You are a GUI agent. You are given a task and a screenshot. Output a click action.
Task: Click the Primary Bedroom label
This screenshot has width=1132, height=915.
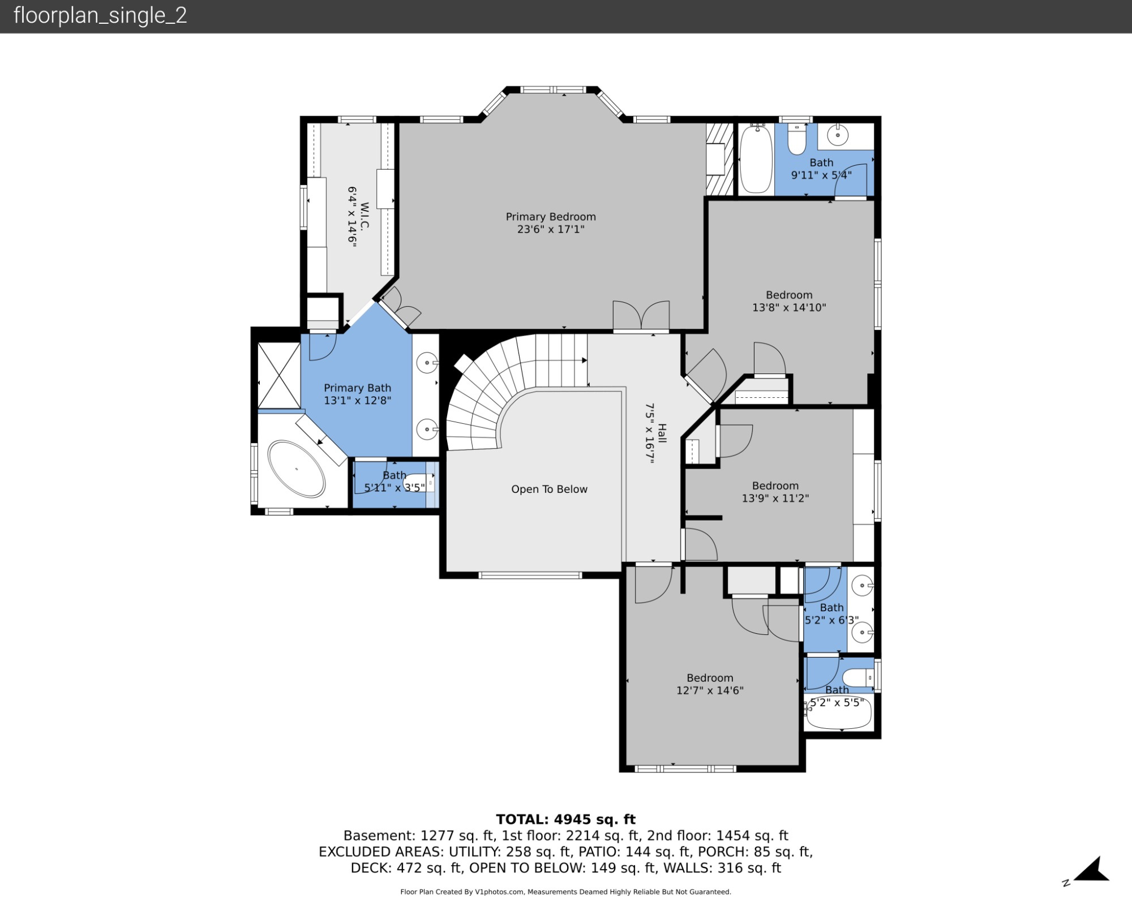tap(550, 223)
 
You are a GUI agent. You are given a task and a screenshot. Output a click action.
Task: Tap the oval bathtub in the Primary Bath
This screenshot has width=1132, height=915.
tap(297, 469)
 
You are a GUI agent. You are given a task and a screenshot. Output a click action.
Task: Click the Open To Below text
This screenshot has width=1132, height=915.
tap(549, 489)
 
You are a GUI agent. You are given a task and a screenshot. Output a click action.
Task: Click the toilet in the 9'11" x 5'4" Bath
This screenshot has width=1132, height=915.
tap(796, 139)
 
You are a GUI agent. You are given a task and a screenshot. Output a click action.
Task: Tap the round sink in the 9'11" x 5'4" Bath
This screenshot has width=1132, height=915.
tap(838, 135)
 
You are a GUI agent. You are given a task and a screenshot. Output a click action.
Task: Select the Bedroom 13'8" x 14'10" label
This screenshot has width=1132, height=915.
tap(789, 301)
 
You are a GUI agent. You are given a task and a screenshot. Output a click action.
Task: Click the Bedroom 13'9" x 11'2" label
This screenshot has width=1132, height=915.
tap(775, 492)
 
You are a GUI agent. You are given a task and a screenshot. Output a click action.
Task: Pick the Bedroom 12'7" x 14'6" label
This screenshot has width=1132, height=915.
tap(710, 684)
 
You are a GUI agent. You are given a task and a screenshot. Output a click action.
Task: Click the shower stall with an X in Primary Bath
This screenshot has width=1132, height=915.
tap(279, 375)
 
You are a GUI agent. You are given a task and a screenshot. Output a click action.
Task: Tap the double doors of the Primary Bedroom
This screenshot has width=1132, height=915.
tap(641, 316)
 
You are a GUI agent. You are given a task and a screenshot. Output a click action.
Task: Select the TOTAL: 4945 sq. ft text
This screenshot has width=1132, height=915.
tap(565, 819)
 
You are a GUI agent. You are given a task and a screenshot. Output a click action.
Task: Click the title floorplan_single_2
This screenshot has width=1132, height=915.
tap(100, 15)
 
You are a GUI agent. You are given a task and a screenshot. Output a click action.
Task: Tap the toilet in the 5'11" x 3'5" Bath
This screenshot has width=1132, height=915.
tap(419, 483)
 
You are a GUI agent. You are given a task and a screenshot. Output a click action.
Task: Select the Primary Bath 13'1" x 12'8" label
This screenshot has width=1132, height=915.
tap(357, 394)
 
